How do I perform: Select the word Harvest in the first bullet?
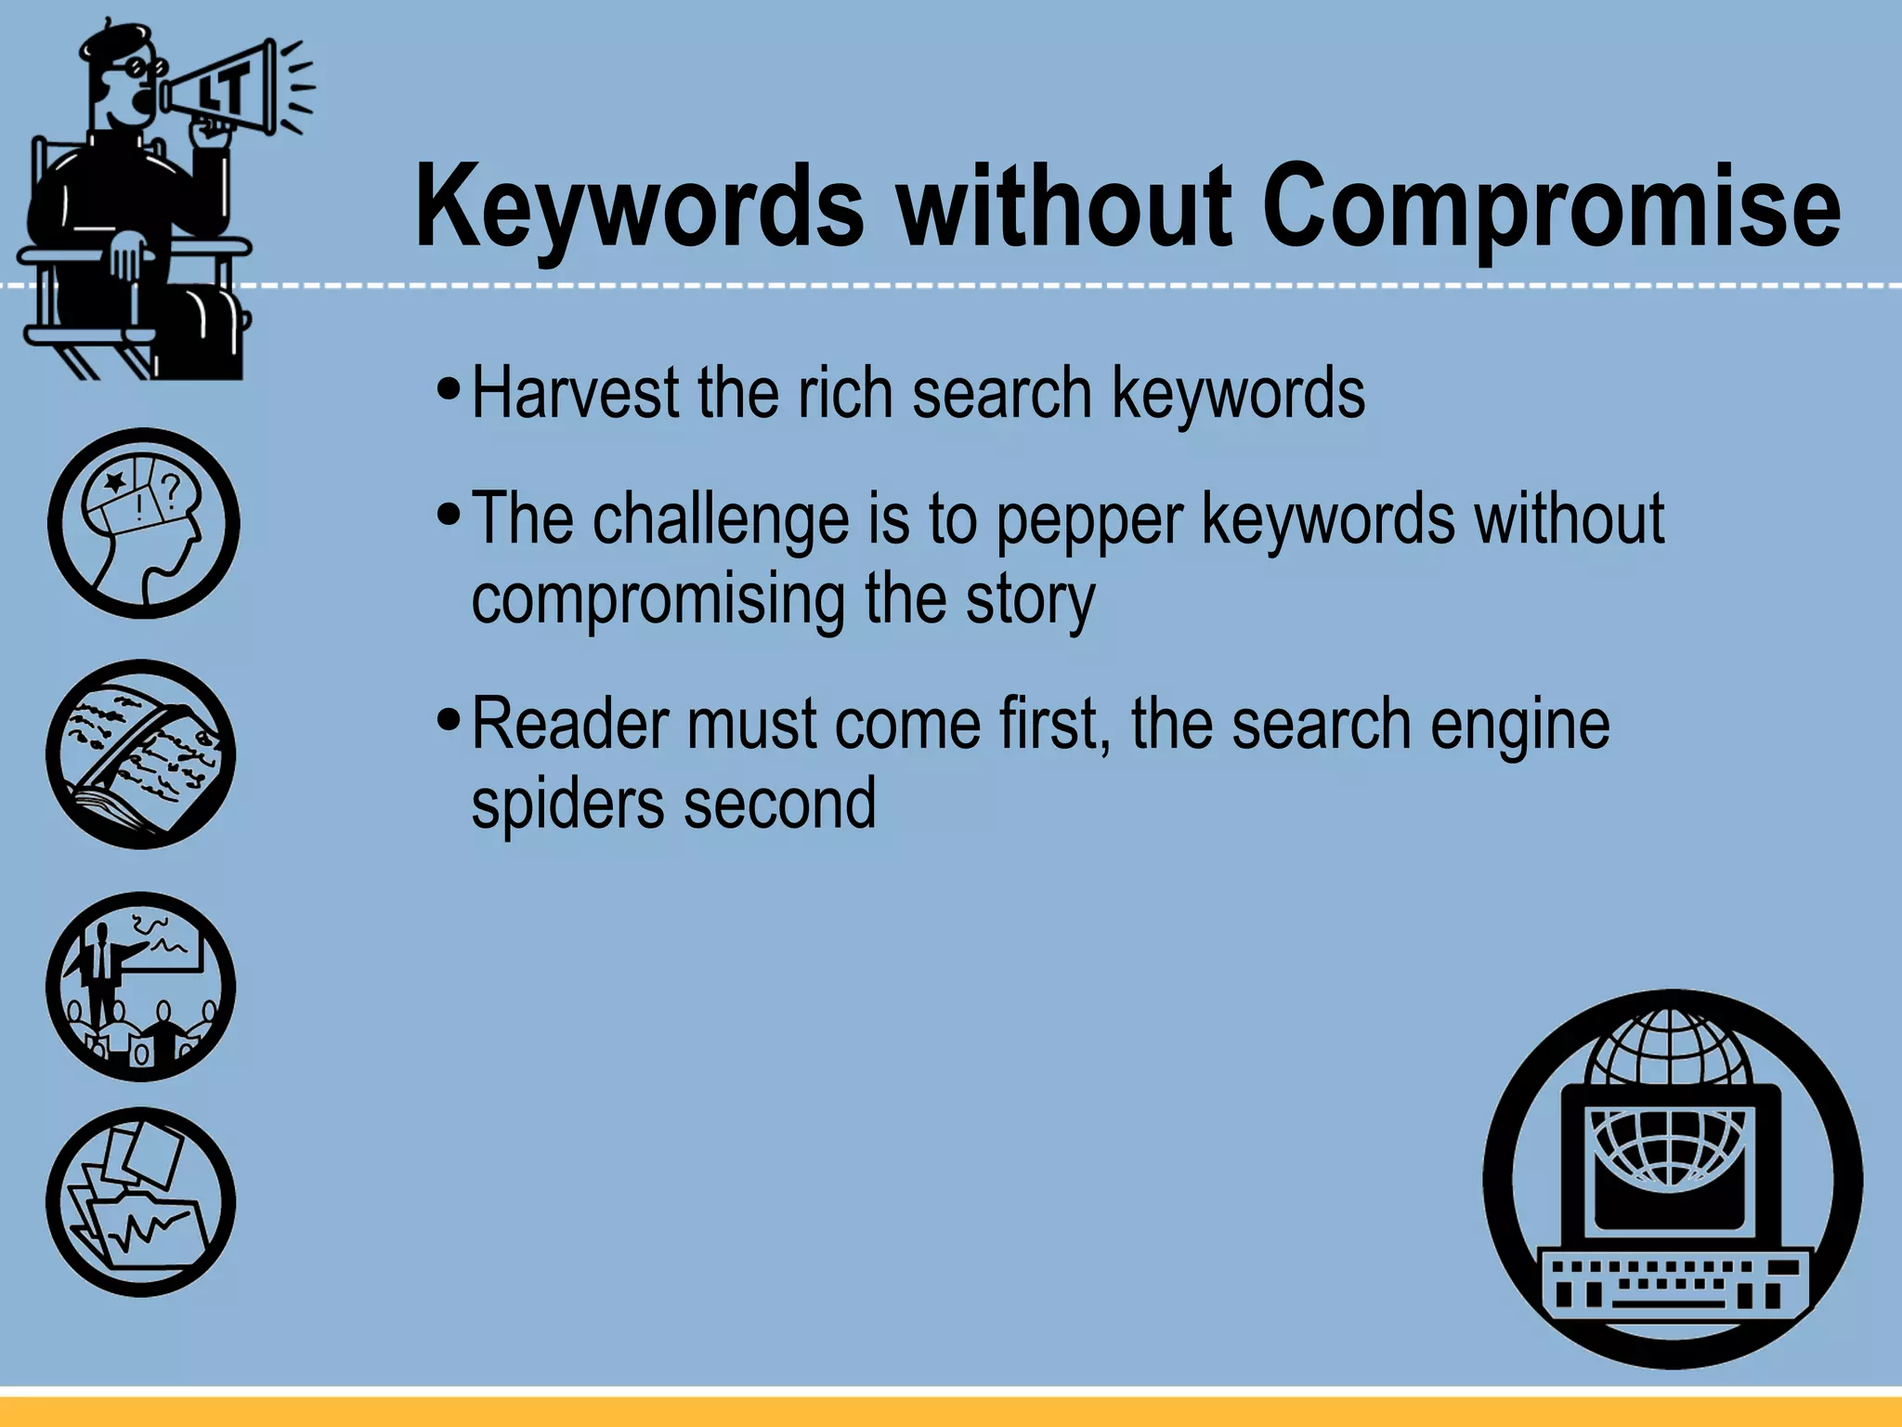pos(576,393)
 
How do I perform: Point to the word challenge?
pos(721,520)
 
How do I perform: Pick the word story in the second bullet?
pos(1031,600)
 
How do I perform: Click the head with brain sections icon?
pos(143,523)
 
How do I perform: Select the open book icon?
pos(141,754)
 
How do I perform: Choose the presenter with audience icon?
pos(141,987)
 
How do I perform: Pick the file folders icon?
pos(141,1202)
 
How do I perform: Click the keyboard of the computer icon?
pos(1672,1281)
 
